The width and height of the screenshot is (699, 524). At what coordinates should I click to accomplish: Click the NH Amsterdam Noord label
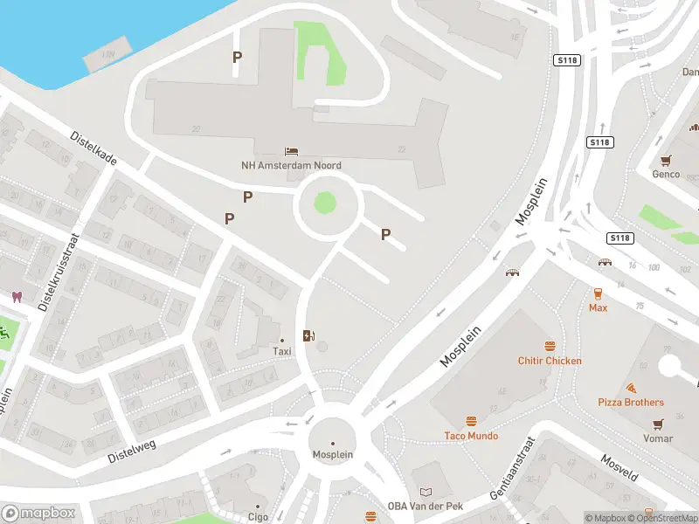pyautogui.click(x=291, y=165)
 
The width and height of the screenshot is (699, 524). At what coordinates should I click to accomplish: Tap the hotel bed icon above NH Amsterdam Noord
pyautogui.click(x=291, y=152)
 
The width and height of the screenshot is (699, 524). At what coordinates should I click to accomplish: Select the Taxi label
pyautogui.click(x=281, y=351)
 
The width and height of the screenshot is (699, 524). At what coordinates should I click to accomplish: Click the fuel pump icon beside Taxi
pyautogui.click(x=308, y=335)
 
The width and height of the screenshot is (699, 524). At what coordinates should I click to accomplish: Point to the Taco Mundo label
pyautogui.click(x=471, y=436)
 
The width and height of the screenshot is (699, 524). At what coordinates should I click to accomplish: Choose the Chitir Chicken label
pyautogui.click(x=550, y=361)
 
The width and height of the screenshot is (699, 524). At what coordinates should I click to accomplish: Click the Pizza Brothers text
pyautogui.click(x=630, y=403)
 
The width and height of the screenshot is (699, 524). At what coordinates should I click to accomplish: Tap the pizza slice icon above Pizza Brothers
pyautogui.click(x=630, y=388)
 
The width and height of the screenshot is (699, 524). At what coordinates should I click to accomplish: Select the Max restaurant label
pyautogui.click(x=598, y=308)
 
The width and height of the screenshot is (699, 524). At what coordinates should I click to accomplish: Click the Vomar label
pyautogui.click(x=658, y=438)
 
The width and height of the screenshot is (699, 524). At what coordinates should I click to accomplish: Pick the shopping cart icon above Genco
pyautogui.click(x=667, y=160)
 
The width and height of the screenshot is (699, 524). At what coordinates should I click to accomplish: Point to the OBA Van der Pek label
pyautogui.click(x=425, y=507)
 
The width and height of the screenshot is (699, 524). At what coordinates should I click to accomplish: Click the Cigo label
pyautogui.click(x=258, y=517)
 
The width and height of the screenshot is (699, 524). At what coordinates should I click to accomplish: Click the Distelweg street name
pyautogui.click(x=131, y=452)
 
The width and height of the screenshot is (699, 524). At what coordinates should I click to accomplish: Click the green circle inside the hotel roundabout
pyautogui.click(x=324, y=203)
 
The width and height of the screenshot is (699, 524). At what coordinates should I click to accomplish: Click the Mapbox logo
pyautogui.click(x=38, y=514)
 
